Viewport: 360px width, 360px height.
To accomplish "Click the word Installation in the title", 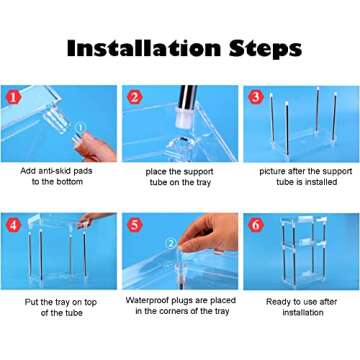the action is (x=144, y=48).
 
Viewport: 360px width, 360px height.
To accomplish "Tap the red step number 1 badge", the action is (x=13, y=98).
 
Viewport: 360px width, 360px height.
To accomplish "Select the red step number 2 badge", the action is (x=135, y=97).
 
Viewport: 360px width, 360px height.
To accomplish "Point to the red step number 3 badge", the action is (x=256, y=97).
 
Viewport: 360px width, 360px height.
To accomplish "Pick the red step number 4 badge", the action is (x=13, y=225).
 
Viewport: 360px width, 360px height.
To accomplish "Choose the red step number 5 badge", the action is (x=135, y=225).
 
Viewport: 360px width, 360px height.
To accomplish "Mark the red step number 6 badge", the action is (x=256, y=225).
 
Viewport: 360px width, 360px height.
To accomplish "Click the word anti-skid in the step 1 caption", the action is (x=56, y=171).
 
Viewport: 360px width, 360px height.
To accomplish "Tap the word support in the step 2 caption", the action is (x=196, y=172).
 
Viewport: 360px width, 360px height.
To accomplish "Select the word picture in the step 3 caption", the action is (x=273, y=172).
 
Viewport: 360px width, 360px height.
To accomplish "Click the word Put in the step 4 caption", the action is (x=32, y=302).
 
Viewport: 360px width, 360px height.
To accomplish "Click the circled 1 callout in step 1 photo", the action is (x=80, y=127).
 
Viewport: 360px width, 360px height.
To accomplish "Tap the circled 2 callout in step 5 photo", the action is (x=171, y=244).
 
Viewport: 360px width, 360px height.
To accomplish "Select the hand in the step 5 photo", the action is (x=209, y=233).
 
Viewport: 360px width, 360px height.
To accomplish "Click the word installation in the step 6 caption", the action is (x=303, y=313).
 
